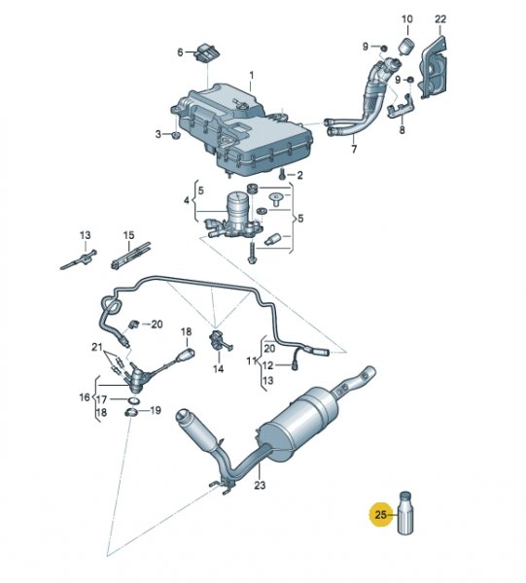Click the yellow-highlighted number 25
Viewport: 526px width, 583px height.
click(x=380, y=515)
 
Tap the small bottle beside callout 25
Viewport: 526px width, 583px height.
click(x=405, y=513)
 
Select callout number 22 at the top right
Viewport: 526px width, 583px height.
click(x=440, y=18)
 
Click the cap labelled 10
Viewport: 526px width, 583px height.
click(x=406, y=46)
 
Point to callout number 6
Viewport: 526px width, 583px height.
click(x=180, y=52)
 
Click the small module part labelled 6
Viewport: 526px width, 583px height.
click(x=208, y=52)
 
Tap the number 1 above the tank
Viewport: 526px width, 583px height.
click(x=252, y=76)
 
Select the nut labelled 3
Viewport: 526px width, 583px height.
click(x=175, y=135)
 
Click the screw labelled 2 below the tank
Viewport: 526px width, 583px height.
click(x=282, y=173)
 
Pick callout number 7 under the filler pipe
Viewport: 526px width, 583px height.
click(x=354, y=149)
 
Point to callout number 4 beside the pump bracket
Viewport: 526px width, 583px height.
click(x=187, y=201)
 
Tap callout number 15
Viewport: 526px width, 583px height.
click(x=128, y=235)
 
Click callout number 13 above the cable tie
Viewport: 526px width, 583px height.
click(x=85, y=235)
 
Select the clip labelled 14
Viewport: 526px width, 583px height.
click(x=218, y=339)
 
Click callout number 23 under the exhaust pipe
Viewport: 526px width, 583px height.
click(x=260, y=485)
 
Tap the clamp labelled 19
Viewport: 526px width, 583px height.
click(x=130, y=412)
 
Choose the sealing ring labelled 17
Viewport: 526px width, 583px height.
click(x=133, y=400)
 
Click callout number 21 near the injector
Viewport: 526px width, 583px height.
click(x=96, y=347)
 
